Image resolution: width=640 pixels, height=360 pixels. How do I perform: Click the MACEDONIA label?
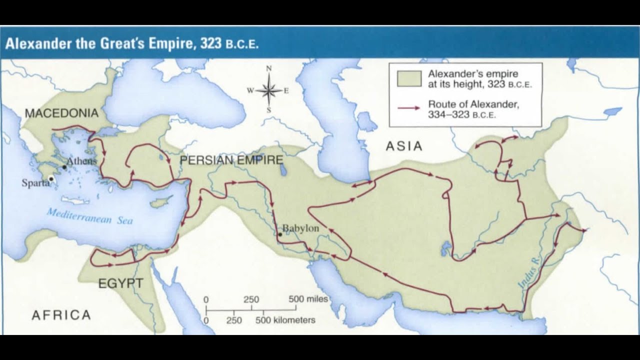pos(61,113)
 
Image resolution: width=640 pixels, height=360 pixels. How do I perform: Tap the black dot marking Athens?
pos(64,166)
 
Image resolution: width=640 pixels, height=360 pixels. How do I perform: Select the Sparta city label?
pos(35,183)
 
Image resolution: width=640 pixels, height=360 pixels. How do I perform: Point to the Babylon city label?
pos(301,228)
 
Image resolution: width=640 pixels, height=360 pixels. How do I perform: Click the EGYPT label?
pos(120,283)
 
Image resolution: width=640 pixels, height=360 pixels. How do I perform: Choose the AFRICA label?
pos(61,315)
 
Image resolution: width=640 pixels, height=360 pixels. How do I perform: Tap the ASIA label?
pos(404,146)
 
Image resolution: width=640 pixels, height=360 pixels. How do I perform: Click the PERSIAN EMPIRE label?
pos(231,160)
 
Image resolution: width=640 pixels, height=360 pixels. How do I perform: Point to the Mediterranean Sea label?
pos(90,216)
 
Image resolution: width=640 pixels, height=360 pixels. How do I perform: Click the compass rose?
pos(268,90)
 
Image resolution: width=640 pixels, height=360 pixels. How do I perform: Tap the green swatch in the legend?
pos(408,78)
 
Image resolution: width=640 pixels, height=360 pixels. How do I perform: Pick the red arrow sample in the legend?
pos(408,108)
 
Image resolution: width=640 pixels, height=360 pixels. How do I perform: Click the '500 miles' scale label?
pos(308,299)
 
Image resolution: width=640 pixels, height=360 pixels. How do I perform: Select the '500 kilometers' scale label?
pos(285,320)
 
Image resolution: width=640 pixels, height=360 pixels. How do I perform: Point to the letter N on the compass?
pos(268,68)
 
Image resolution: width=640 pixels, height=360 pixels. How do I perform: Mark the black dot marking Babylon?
pos(280,234)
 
